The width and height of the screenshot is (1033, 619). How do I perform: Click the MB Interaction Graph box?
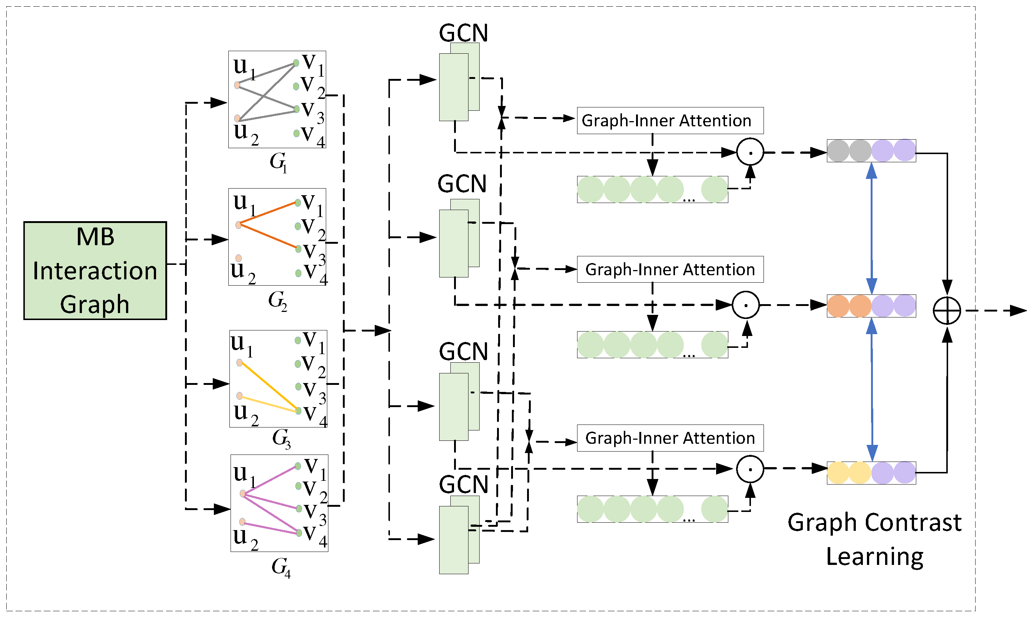click(95, 271)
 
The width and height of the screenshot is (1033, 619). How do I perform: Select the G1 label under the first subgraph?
click(278, 162)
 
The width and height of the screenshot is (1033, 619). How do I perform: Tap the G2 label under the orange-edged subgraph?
click(278, 300)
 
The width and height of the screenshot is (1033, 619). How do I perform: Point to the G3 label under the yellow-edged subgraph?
click(281, 438)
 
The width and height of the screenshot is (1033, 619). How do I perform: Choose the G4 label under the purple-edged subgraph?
click(281, 567)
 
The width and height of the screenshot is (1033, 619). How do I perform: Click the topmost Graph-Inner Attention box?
click(670, 120)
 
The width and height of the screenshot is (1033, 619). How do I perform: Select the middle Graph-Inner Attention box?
click(670, 269)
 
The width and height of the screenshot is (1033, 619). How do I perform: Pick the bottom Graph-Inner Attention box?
click(670, 438)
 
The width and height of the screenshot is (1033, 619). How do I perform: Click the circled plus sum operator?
click(947, 311)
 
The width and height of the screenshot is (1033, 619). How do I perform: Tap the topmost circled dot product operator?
click(750, 152)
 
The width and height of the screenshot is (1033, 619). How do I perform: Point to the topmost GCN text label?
click(463, 33)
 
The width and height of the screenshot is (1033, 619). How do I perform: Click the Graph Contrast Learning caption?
click(874, 539)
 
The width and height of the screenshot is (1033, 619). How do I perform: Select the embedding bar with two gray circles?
click(871, 150)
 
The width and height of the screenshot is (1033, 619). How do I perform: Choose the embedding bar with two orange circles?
click(871, 306)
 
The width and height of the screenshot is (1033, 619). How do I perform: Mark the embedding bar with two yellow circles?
click(871, 473)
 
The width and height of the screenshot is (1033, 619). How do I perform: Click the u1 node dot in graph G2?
click(238, 225)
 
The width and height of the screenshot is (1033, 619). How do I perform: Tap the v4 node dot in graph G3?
click(298, 411)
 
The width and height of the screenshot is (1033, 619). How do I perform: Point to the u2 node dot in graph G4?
click(242, 522)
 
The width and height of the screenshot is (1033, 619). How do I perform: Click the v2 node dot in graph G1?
click(296, 86)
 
